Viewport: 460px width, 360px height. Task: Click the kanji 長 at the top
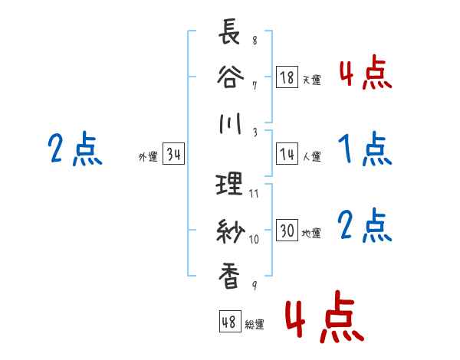pyautogui.click(x=230, y=34)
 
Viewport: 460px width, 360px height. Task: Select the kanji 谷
pyautogui.click(x=230, y=77)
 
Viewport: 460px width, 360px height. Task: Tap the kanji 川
pyautogui.click(x=230, y=123)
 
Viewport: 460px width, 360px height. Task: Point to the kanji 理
pyautogui.click(x=230, y=185)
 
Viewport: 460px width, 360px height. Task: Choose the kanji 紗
pyautogui.click(x=230, y=231)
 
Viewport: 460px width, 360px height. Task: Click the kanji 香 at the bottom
pyautogui.click(x=230, y=277)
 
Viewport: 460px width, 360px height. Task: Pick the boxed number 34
pyautogui.click(x=172, y=154)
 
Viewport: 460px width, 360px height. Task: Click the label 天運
pyautogui.click(x=311, y=80)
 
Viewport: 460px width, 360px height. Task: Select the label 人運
pyautogui.click(x=311, y=156)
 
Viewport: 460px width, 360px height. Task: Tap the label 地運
pyautogui.click(x=311, y=233)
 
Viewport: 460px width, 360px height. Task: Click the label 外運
pyautogui.click(x=147, y=156)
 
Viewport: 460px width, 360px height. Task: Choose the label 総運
pyautogui.click(x=254, y=323)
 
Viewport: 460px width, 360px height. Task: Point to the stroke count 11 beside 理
pyautogui.click(x=254, y=193)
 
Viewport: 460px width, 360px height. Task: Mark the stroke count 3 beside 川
pyautogui.click(x=254, y=132)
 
